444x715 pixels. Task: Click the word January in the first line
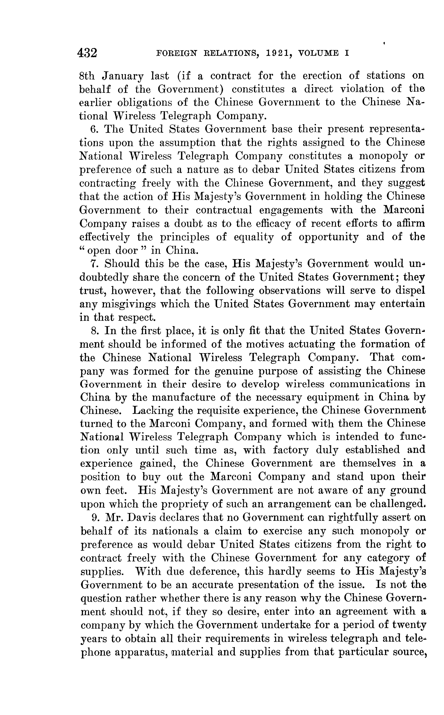click(123, 76)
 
